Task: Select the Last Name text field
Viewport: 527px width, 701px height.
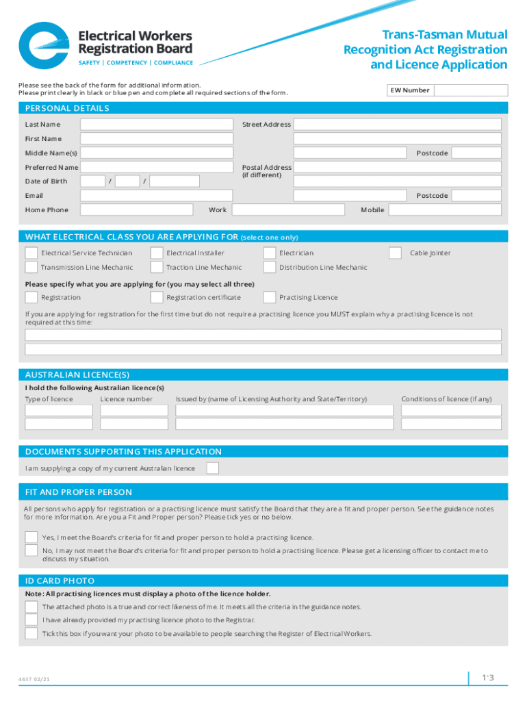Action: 157,125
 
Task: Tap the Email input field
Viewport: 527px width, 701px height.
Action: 157,196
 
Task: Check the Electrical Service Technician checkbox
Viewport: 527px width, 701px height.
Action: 31,253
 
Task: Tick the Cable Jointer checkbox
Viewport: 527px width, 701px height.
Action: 395,253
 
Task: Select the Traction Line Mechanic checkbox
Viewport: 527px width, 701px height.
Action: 157,268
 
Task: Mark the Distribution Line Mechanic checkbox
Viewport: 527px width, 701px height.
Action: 270,268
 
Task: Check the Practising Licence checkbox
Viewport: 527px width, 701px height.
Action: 270,297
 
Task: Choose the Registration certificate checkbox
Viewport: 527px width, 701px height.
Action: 157,297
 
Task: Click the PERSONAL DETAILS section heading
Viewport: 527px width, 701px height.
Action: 67,108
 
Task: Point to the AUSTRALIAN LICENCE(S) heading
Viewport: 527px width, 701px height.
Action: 77,375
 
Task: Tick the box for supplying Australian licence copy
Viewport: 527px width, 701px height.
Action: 213,468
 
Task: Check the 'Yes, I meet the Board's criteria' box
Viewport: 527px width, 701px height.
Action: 31,537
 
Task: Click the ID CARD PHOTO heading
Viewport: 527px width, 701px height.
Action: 60,581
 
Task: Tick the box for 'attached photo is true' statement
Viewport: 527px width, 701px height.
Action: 31,607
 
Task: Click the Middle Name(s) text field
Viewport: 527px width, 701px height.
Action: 157,153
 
